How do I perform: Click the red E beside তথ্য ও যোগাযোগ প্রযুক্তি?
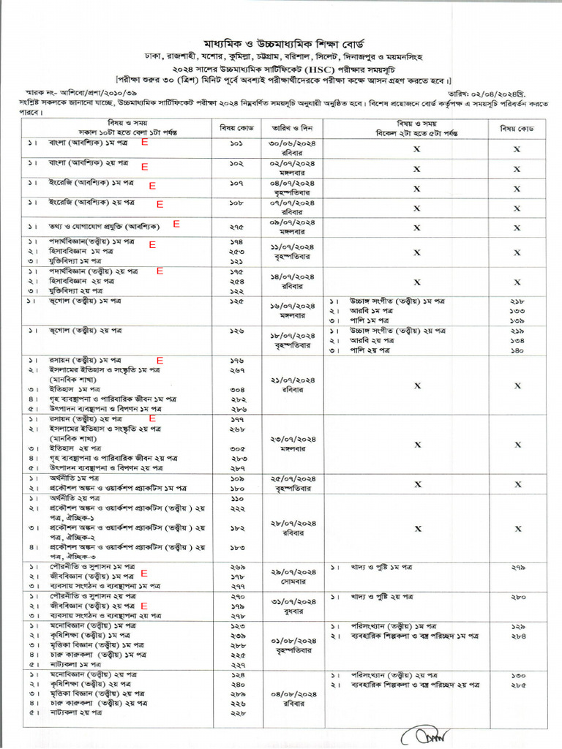point(176,225)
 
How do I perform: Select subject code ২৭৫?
point(236,227)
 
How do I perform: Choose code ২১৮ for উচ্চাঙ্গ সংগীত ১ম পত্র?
point(517,301)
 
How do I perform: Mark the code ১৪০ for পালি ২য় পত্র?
point(517,350)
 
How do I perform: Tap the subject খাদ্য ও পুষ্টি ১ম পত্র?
point(381,567)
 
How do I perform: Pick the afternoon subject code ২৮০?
point(517,597)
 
